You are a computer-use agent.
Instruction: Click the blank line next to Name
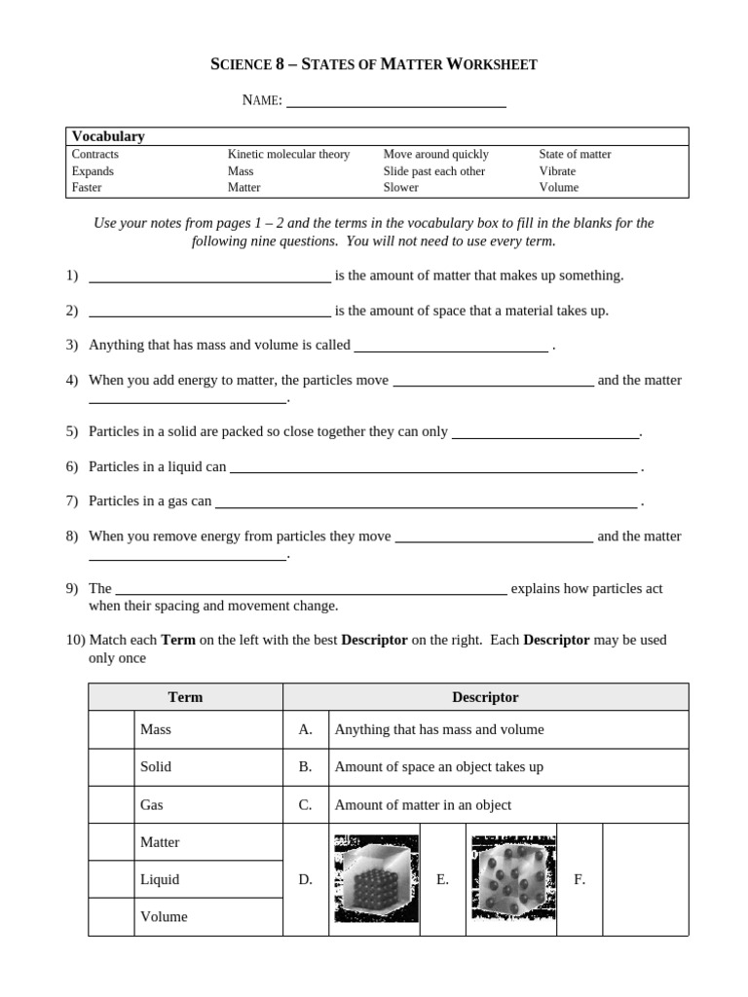pyautogui.click(x=395, y=101)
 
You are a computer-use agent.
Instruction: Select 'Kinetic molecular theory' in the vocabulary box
pyautogui.click(x=288, y=154)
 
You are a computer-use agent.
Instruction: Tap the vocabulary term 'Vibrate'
pyautogui.click(x=557, y=170)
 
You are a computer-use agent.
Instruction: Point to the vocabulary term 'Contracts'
pyautogui.click(x=95, y=154)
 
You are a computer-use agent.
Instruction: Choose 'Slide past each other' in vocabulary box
pyautogui.click(x=433, y=170)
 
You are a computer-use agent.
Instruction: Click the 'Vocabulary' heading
pyautogui.click(x=108, y=136)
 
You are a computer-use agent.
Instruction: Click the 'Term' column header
pyautogui.click(x=185, y=697)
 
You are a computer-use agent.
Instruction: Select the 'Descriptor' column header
pyautogui.click(x=485, y=697)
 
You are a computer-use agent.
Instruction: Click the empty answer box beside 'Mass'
pyautogui.click(x=111, y=729)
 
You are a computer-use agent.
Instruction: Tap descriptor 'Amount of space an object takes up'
pyautogui.click(x=438, y=766)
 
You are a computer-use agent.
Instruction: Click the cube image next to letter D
pyautogui.click(x=376, y=879)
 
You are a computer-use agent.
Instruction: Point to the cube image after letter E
pyautogui.click(x=511, y=879)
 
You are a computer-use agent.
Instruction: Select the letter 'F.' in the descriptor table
pyautogui.click(x=580, y=879)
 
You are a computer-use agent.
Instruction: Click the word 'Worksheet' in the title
pyautogui.click(x=491, y=64)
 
